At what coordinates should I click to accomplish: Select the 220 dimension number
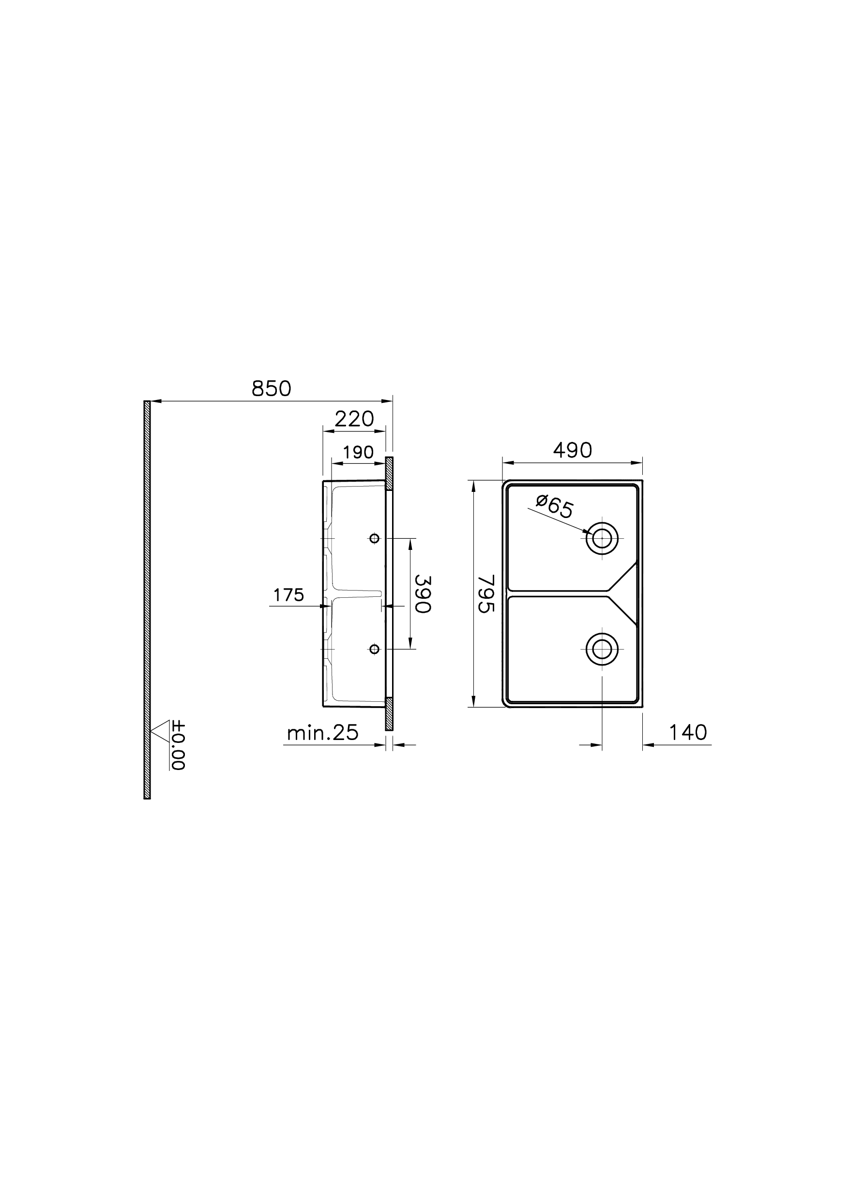(x=354, y=419)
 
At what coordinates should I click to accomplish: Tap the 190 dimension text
(x=359, y=452)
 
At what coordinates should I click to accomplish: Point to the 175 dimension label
(x=288, y=594)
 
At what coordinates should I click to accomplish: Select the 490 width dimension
(x=573, y=450)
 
